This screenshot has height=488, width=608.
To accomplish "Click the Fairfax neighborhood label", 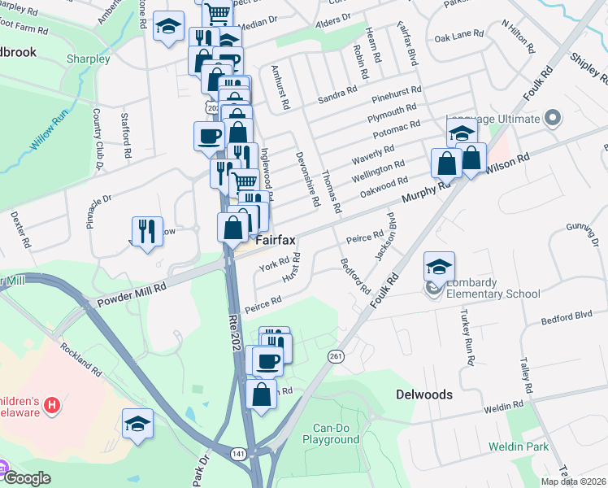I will point(276,241).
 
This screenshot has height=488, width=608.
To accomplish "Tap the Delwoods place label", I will point(423,394).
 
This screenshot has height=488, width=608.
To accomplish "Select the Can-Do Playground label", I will point(331,434).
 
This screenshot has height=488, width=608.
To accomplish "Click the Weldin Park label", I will point(519,447).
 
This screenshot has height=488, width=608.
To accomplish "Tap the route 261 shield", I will point(336,356).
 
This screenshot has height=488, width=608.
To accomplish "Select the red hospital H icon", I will point(53,404).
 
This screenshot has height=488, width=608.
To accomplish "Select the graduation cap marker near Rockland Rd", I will point(137,423).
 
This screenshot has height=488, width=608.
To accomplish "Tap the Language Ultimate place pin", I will point(554,119).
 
